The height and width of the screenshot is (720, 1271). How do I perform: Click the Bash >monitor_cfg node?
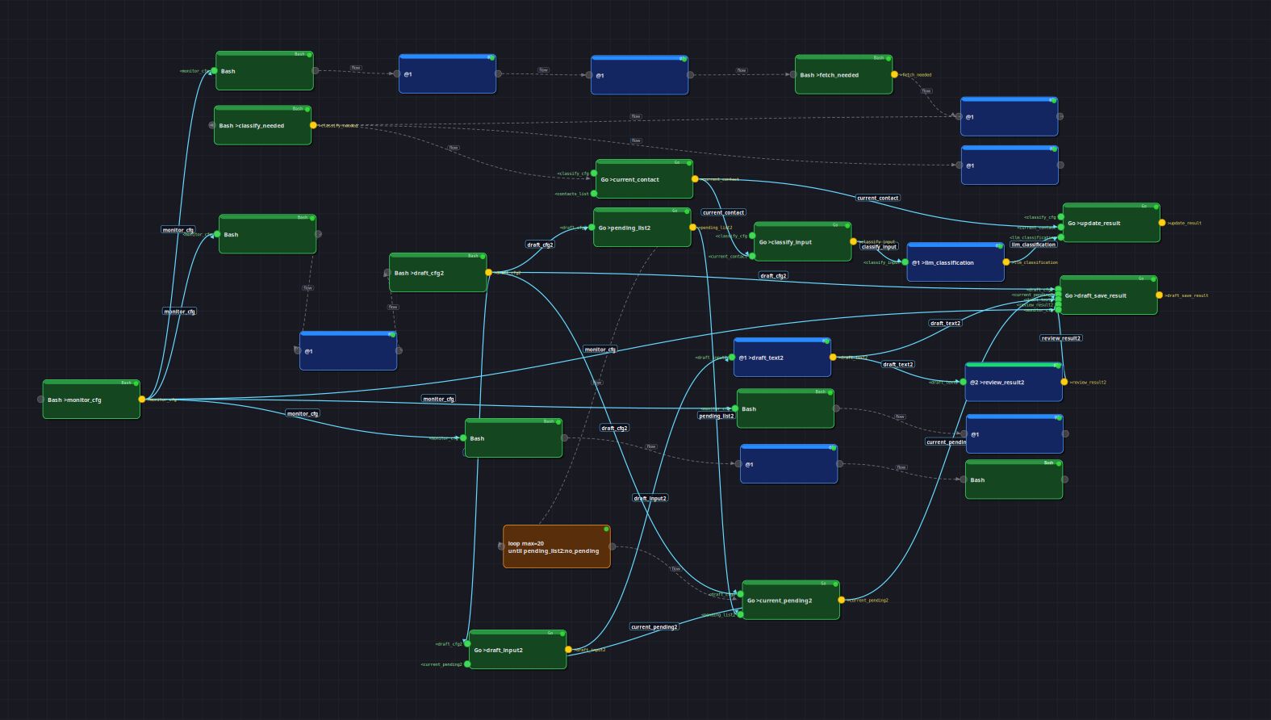pos(91,400)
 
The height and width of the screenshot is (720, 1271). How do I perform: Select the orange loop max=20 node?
pos(557,547)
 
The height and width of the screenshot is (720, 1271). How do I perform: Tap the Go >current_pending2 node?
pos(791,601)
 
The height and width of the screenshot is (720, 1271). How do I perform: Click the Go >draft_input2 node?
pos(517,650)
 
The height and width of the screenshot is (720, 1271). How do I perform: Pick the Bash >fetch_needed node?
pos(843,75)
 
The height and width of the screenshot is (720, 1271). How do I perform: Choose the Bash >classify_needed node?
pos(262,126)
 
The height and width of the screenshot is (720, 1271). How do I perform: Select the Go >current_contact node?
pos(644,179)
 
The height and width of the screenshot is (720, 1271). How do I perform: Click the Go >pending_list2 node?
pos(642,228)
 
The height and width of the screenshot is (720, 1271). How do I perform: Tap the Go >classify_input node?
pos(802,242)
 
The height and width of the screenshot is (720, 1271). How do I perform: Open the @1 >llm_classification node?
pos(955,263)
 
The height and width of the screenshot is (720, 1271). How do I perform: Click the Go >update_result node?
pos(1110,224)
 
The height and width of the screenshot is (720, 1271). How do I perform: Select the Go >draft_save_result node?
pos(1108,296)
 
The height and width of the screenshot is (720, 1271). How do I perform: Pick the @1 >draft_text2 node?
pos(782,358)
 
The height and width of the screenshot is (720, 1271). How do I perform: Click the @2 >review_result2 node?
pos(1014,383)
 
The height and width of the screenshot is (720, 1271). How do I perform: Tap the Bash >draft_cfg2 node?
pos(437,273)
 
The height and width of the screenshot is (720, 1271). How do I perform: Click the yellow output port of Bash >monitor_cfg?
pos(142,400)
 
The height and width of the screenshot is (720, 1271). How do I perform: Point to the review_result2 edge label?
pos(1061,338)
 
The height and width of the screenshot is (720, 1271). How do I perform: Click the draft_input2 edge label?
pos(650,498)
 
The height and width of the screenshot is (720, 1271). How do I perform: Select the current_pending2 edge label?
pos(654,626)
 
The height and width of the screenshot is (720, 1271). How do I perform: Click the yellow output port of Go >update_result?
pos(1162,223)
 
